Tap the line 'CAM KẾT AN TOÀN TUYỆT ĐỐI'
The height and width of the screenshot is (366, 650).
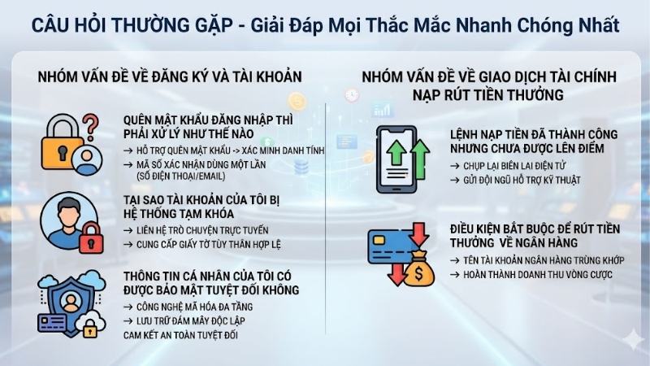(x=184, y=333)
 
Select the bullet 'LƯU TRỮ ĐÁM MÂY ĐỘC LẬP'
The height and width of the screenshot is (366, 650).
(x=189, y=320)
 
